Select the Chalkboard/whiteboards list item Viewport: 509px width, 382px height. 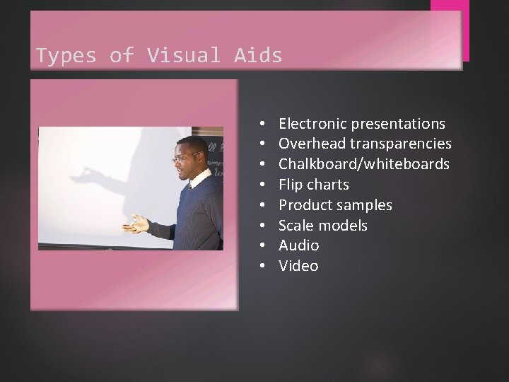(363, 164)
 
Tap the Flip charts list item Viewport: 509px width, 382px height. (313, 185)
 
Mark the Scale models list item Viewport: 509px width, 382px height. (322, 226)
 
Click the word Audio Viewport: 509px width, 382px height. (298, 245)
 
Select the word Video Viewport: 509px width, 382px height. (298, 266)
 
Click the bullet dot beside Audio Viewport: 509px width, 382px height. (262, 245)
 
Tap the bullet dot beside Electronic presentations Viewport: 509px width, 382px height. (262, 124)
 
